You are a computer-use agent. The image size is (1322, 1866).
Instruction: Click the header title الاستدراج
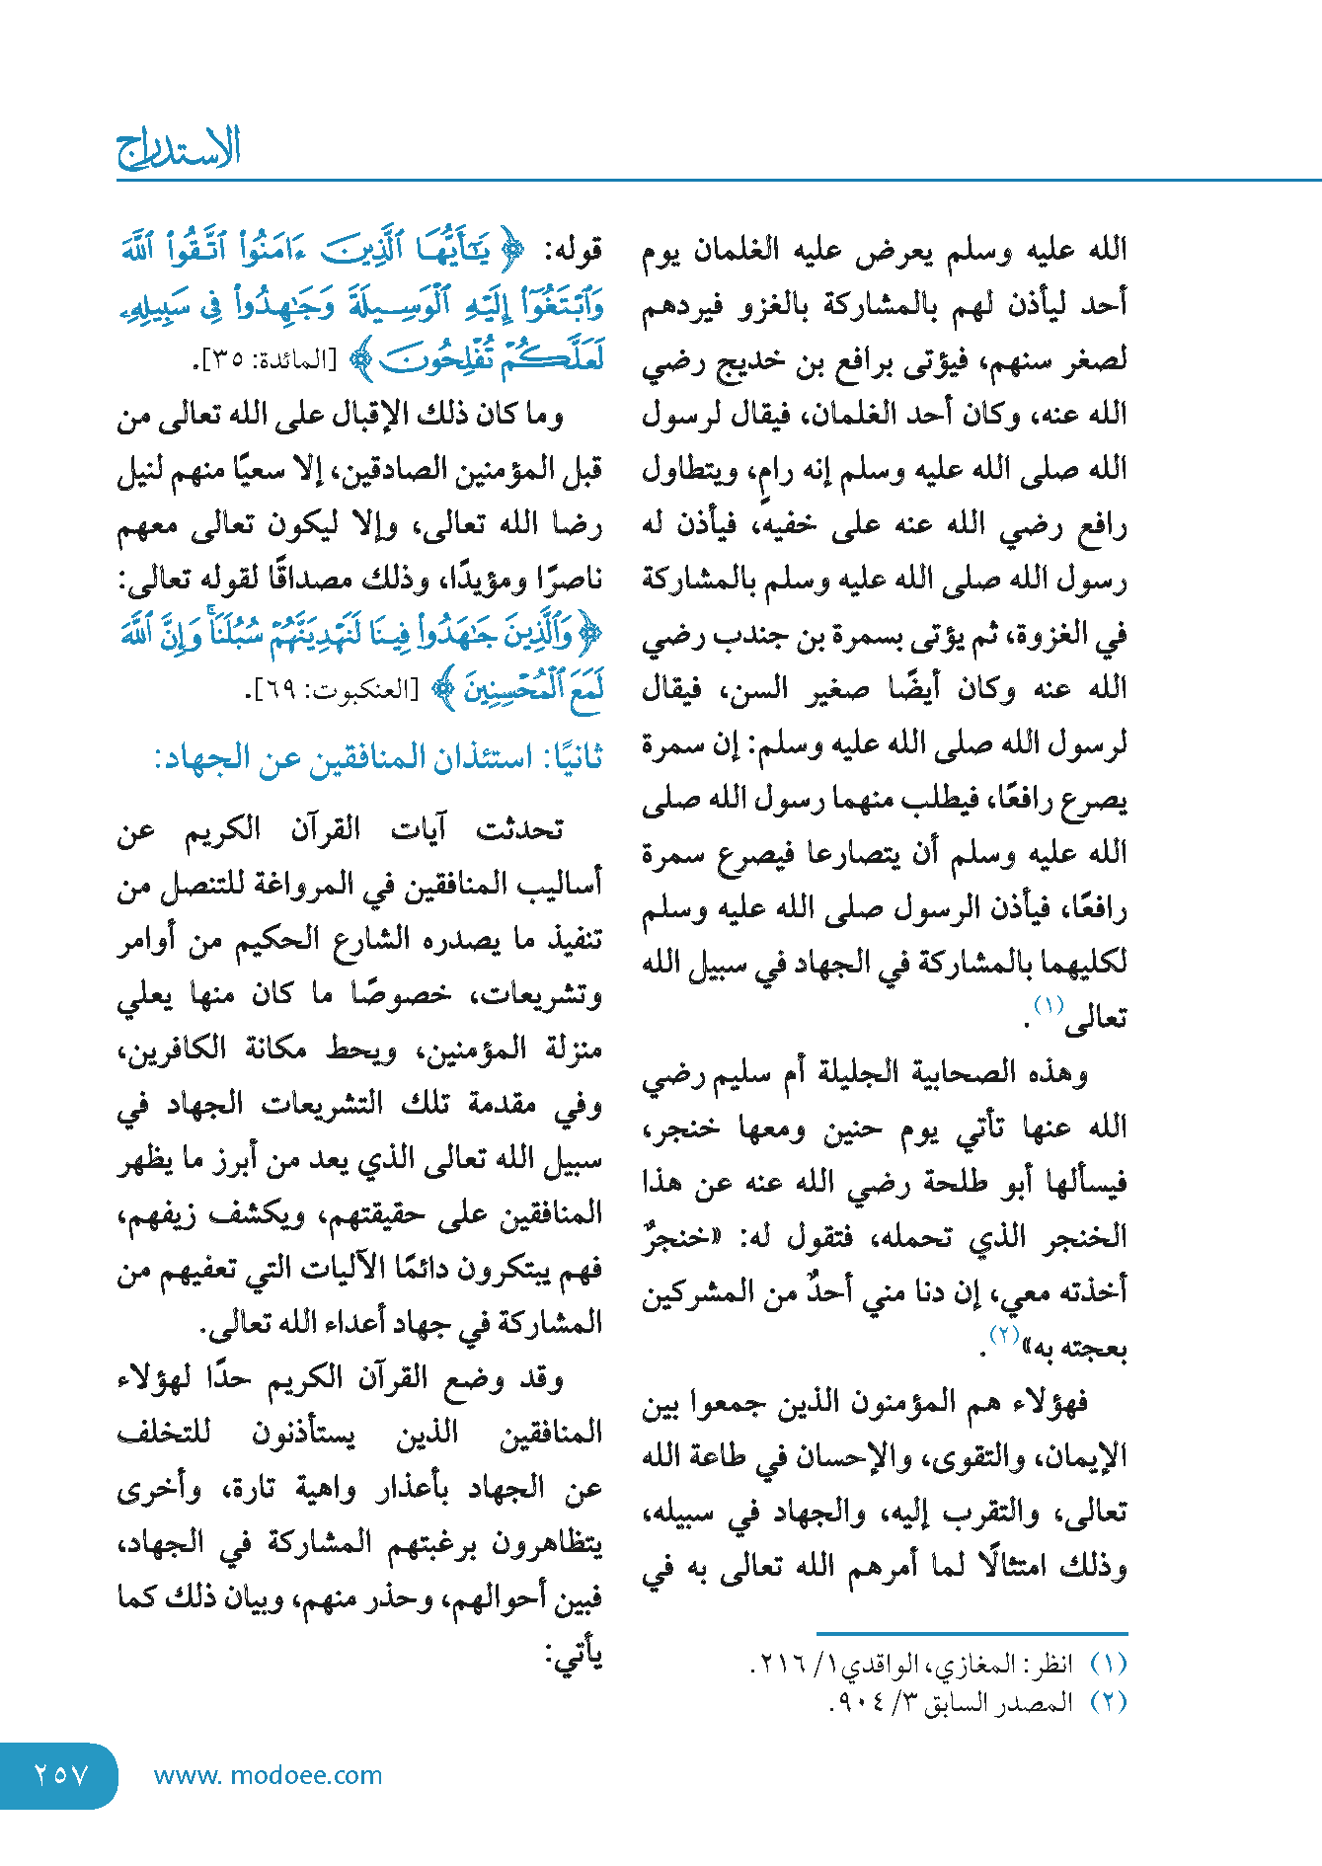coord(179,150)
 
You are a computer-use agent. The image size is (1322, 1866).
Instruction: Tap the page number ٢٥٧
coord(61,1775)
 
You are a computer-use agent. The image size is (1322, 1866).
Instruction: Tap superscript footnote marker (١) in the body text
coord(1049,1006)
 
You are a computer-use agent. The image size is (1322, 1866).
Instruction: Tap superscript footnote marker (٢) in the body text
coord(1004,1335)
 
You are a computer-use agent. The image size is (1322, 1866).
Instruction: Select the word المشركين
coord(693,1293)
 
